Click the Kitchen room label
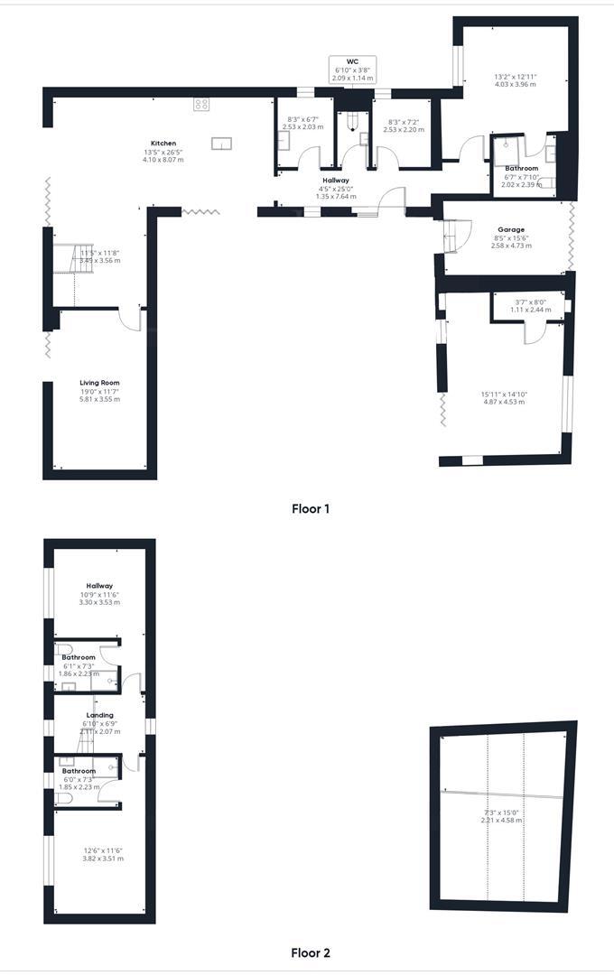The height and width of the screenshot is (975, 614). click(163, 144)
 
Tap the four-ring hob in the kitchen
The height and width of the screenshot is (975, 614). click(201, 104)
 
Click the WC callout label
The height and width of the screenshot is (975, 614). click(352, 61)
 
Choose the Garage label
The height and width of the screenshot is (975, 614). click(511, 229)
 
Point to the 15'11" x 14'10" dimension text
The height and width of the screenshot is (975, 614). click(503, 394)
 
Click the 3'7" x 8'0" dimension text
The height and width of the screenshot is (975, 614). click(529, 302)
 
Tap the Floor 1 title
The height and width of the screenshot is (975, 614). click(311, 508)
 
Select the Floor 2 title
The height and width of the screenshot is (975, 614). click(311, 952)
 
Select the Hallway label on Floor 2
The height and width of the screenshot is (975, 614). click(99, 585)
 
